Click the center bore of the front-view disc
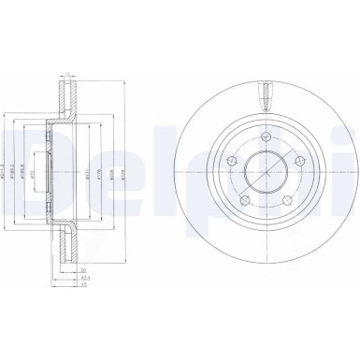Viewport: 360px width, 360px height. pos(266,173)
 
